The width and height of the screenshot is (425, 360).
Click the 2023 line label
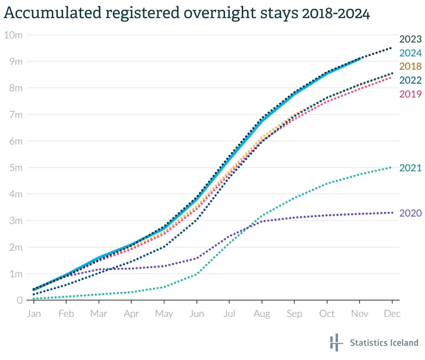(x=411, y=39)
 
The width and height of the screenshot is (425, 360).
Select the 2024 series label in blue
(x=411, y=53)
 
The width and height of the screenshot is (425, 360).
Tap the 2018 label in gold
(x=411, y=66)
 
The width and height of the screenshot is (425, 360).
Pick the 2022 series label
(x=411, y=80)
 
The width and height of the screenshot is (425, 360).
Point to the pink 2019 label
(x=411, y=94)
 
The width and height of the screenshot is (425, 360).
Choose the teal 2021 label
(x=411, y=168)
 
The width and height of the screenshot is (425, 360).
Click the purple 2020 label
(x=411, y=213)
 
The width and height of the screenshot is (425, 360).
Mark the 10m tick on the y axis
(x=13, y=35)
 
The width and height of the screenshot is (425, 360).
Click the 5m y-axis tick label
(x=16, y=167)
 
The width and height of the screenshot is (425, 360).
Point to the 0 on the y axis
(x=19, y=300)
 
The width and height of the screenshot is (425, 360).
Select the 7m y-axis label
(x=16, y=114)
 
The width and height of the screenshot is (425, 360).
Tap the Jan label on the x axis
(x=34, y=314)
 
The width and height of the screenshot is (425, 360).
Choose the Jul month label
(x=229, y=314)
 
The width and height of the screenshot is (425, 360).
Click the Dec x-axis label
(x=392, y=314)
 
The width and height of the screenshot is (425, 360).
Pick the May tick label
(x=164, y=314)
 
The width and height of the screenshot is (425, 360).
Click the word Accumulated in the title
(x=52, y=12)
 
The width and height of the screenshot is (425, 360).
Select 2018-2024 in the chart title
(x=336, y=13)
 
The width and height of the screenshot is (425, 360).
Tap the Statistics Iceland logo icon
(x=336, y=342)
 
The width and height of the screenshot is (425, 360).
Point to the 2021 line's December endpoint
(x=391, y=167)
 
